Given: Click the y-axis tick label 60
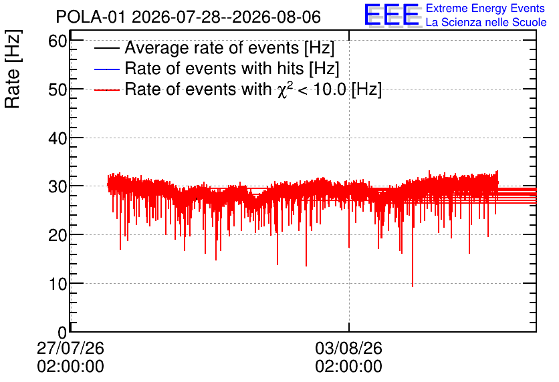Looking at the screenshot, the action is point(58,41).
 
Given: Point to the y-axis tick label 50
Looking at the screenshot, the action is point(58,89).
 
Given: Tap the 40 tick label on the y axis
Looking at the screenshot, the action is point(58,138).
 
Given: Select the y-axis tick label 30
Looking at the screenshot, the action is point(58,186).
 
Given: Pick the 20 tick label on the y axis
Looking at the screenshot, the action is point(58,235).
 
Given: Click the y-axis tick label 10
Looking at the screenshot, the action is point(58,284).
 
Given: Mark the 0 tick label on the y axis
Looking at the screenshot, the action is point(62,333).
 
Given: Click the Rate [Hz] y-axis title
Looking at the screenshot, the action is point(13,69).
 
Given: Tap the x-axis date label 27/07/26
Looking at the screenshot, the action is point(70,348).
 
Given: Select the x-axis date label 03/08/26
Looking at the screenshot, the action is point(348,348).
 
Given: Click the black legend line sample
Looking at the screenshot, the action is point(106,48).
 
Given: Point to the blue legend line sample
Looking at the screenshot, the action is point(106,69).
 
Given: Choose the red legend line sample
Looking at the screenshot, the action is point(106,90).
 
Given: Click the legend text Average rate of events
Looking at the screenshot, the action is point(212,48).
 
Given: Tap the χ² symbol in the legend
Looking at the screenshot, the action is point(283,89).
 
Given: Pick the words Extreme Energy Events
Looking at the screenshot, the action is point(485,8).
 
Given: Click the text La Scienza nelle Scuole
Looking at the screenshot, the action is point(486,23).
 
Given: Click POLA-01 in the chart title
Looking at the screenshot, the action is point(90,17).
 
